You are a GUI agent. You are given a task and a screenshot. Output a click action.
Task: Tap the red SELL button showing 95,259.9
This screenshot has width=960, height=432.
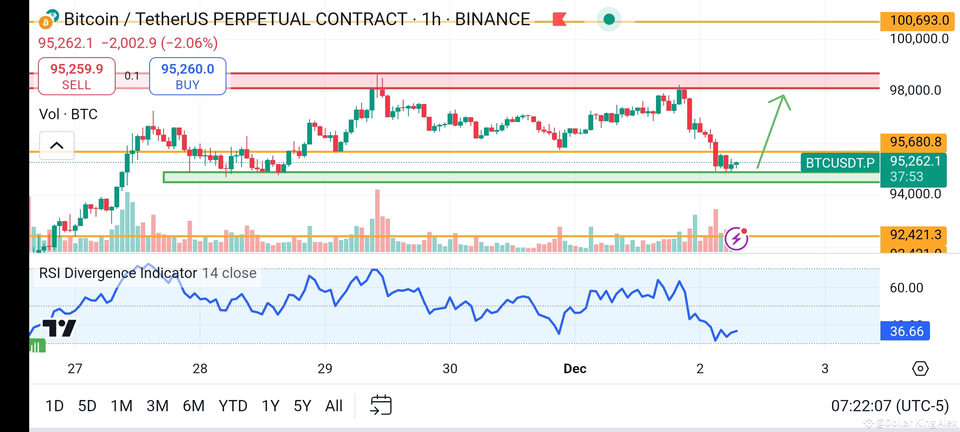(x=76, y=76)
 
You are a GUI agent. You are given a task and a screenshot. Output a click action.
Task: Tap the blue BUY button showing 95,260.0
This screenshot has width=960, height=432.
(x=188, y=76)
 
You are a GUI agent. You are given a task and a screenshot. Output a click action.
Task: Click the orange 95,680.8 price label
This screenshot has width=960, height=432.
(x=914, y=142)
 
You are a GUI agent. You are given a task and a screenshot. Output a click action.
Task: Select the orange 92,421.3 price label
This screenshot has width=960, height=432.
(x=914, y=235)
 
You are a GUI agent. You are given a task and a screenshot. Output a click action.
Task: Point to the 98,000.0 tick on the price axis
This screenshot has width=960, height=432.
(x=915, y=90)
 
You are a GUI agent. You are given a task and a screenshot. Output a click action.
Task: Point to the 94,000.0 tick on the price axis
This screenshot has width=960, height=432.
(x=915, y=194)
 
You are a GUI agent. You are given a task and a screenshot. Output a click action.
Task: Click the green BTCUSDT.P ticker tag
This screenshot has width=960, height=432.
(x=840, y=163)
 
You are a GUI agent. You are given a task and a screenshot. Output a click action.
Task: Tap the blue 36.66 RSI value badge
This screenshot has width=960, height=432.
(x=906, y=331)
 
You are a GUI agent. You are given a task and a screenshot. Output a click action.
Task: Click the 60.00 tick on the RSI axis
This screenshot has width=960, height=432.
(x=906, y=288)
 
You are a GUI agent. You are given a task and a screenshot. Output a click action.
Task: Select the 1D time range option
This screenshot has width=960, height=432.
(x=54, y=406)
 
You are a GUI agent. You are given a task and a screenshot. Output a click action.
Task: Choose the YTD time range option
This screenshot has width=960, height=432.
(x=233, y=406)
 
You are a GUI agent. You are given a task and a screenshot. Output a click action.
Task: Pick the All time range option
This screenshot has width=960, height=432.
(x=334, y=406)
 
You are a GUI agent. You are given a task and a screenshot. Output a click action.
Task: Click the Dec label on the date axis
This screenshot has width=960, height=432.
(x=575, y=368)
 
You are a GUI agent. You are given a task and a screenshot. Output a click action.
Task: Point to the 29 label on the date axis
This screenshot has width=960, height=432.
(x=325, y=368)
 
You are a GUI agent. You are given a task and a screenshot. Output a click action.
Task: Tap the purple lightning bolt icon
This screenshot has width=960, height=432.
(x=736, y=239)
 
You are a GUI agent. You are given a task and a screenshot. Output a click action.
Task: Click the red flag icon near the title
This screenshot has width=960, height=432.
(x=559, y=19)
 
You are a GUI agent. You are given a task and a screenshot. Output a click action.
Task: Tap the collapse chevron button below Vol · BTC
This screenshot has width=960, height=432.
(x=57, y=145)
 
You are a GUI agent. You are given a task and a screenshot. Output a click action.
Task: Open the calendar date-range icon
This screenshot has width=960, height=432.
(x=381, y=405)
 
